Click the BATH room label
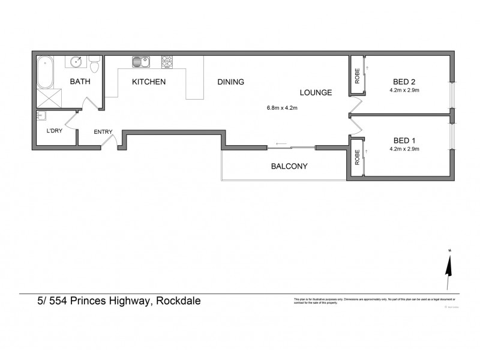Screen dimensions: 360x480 point(80,82)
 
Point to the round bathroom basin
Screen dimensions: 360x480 point(77,62)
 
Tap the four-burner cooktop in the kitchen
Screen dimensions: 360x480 point(167,61)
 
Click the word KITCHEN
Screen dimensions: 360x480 point(148,82)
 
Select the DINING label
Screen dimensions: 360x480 point(230,82)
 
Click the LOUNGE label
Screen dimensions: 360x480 point(316,92)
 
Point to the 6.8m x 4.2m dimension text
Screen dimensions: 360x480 point(283,109)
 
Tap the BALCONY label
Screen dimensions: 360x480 point(289,166)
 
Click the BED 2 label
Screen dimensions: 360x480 point(404,82)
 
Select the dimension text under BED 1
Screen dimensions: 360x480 point(404,148)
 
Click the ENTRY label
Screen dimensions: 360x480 point(103,132)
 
